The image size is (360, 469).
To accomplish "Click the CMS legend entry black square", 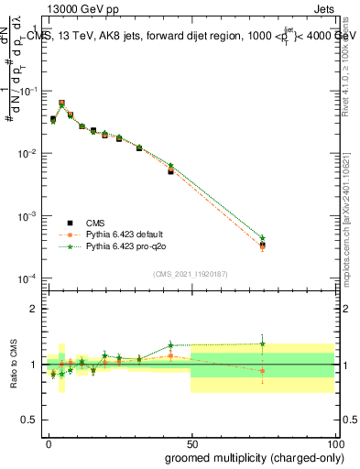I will point(68,222).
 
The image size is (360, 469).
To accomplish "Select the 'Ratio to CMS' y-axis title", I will point(13,364).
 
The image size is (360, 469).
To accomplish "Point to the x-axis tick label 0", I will point(48,442).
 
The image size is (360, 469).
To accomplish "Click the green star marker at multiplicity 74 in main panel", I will point(262,238).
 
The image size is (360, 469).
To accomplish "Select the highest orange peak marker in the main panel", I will point(61,103).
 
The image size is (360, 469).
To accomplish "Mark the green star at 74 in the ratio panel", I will point(262,344).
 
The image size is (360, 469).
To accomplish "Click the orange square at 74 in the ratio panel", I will point(262,371).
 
